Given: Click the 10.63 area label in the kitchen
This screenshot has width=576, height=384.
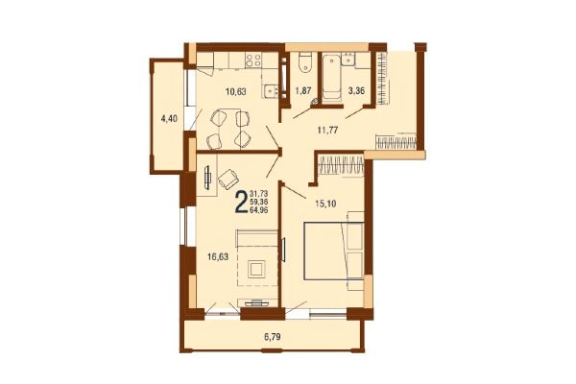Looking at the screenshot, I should coord(233,92).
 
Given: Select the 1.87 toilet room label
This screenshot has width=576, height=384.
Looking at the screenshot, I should coord(302,92).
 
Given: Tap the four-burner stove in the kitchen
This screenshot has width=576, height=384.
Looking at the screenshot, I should coord(255,60).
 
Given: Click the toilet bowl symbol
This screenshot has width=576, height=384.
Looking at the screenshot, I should coord(301,62).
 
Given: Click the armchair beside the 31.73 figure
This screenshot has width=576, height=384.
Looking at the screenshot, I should coord(228,178).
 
